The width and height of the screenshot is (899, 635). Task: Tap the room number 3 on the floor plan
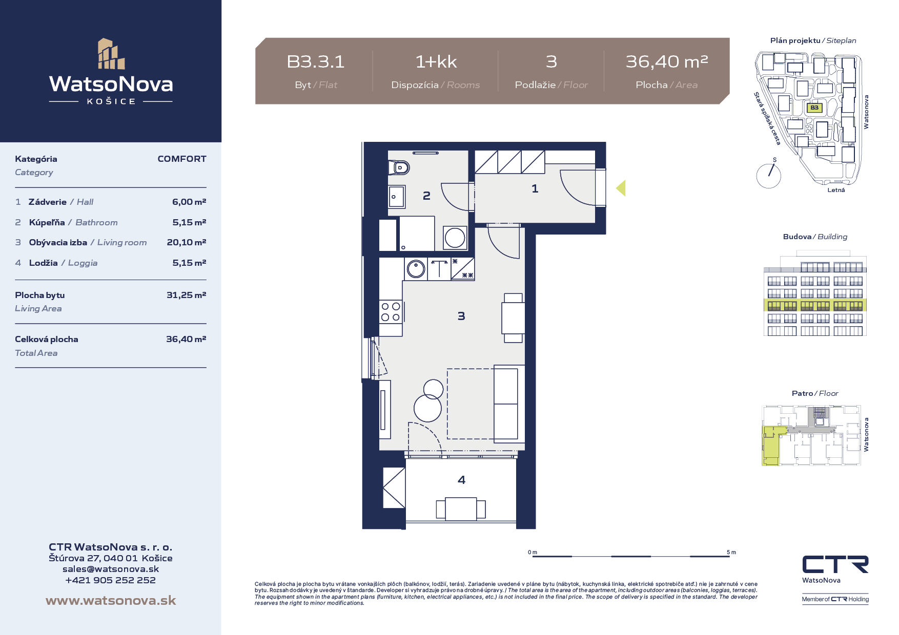pos(461,316)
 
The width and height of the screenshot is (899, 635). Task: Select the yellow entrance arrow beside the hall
pos(621,188)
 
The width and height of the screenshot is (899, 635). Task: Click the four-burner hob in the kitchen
pos(391,312)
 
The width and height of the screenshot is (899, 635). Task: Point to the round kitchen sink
pos(416,268)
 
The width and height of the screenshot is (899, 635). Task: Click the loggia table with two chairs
pos(461,509)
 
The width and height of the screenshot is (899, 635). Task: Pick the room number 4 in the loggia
pos(461,480)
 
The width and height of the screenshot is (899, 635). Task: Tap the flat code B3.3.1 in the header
pos(316,62)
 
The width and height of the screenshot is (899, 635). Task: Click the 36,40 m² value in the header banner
pos(667,62)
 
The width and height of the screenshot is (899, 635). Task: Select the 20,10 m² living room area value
pos(187,242)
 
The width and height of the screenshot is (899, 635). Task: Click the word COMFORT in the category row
pos(182,159)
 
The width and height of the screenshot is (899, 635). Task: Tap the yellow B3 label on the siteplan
pos(814,108)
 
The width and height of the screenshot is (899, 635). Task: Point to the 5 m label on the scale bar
pos(731,552)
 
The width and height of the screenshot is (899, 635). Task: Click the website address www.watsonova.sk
pos(111,600)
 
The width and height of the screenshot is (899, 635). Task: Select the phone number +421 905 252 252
pos(111,580)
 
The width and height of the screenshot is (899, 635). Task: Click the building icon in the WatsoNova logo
pos(111,53)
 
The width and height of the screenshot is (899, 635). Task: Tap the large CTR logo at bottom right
pos(835,564)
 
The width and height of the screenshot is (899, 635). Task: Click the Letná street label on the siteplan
pos(836,190)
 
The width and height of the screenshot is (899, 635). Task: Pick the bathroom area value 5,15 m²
pos(189,222)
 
